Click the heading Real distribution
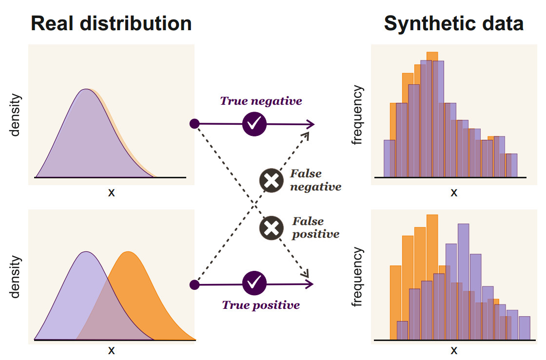111,23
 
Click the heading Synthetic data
454,23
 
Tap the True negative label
261,101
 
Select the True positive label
261,305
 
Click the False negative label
315,180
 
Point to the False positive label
315,227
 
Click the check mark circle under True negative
254,124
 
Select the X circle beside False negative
271,181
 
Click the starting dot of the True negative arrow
194,124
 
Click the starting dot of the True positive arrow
194,284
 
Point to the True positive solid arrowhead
310,284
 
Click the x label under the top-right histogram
454,192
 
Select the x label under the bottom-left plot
111,350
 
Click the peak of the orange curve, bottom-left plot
128,252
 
